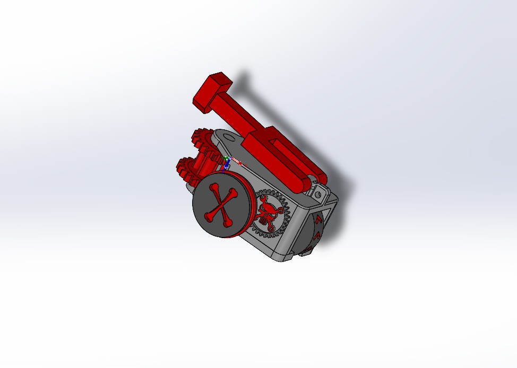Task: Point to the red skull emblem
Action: coord(266,211)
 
